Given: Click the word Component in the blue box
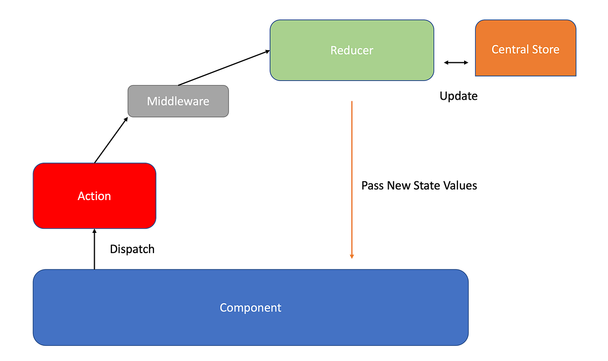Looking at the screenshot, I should click(x=250, y=307).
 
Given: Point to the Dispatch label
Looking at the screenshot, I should click(x=132, y=249).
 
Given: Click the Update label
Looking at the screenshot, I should click(x=459, y=96).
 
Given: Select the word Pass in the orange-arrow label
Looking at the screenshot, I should click(x=373, y=185).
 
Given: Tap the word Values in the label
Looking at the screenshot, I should click(x=460, y=185).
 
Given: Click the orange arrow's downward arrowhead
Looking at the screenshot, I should click(x=352, y=256).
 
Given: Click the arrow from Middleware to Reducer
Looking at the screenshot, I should click(x=223, y=67).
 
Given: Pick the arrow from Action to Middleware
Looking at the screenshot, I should click(x=110, y=140).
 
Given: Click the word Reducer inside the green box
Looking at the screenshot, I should click(x=352, y=51).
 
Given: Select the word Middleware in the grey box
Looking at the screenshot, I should click(x=178, y=101).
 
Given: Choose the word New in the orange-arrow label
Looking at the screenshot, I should click(x=399, y=185).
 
